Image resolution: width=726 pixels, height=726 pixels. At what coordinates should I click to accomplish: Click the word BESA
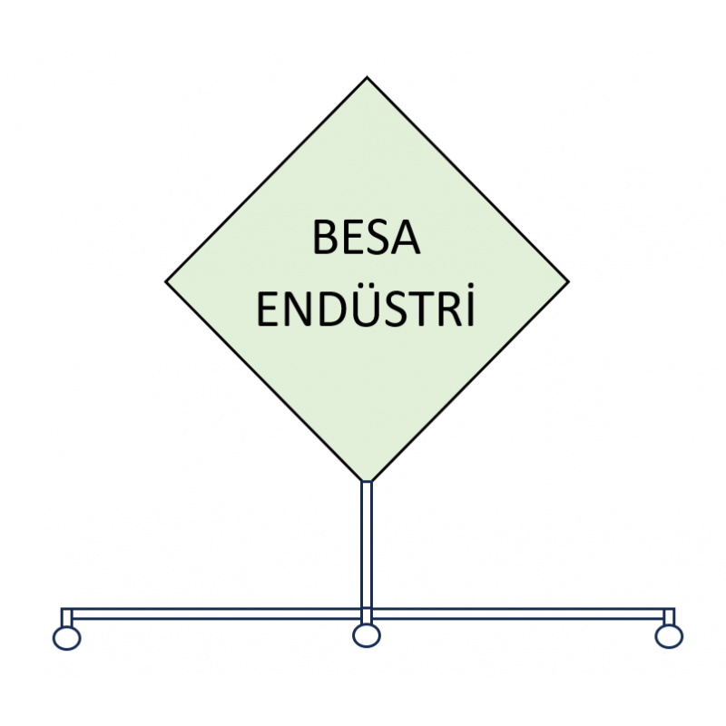[x=367, y=238]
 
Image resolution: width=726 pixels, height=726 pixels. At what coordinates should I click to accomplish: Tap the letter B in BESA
[x=325, y=238]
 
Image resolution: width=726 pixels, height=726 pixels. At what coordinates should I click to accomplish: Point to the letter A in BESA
[x=405, y=238]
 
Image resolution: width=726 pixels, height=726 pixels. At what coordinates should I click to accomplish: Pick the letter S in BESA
[x=377, y=238]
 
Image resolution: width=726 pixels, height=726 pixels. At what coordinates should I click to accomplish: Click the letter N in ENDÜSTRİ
[x=299, y=309]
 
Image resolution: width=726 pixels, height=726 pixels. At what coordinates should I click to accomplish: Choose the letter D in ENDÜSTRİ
[x=335, y=309]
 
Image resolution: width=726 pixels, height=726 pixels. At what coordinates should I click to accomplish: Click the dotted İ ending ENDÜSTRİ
[x=471, y=305]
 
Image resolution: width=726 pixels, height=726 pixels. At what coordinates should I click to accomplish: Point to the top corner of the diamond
[x=367, y=77]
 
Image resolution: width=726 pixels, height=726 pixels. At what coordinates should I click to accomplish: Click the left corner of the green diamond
[x=165, y=281]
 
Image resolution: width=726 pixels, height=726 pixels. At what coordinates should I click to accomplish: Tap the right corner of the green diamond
[x=569, y=281]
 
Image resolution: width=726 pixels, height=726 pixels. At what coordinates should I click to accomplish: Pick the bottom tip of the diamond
[x=367, y=482]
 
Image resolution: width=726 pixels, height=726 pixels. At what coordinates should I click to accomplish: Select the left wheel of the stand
[x=66, y=638]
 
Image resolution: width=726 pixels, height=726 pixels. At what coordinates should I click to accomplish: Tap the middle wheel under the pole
[x=367, y=635]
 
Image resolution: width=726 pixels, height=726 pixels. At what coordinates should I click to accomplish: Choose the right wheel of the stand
[x=669, y=636]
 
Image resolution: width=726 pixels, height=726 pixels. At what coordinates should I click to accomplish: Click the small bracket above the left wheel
[x=67, y=617]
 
